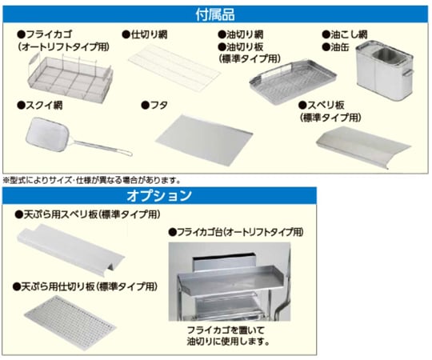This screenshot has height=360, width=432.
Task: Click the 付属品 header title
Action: click(215, 14)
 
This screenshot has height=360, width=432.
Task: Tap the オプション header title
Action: click(159, 195)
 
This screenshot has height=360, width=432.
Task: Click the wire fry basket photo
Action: click(70, 78)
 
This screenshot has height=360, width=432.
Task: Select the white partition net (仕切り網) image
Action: click(174, 67)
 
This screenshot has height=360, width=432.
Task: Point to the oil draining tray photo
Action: click(293, 82)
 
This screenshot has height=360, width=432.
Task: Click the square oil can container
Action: click(385, 70)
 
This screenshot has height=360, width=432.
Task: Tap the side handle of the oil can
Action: click(408, 73)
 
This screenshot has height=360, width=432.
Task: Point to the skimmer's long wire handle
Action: click(101, 147)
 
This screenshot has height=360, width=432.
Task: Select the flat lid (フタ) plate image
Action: click(204, 140)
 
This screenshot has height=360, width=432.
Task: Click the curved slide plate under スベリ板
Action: click(363, 147)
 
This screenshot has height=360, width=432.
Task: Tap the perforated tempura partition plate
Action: click(70, 322)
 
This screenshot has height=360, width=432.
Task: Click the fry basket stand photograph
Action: click(230, 282)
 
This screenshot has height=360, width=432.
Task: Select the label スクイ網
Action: click(40, 106)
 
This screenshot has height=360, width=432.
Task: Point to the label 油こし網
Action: click(345, 34)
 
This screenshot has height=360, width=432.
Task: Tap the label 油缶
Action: click(335, 47)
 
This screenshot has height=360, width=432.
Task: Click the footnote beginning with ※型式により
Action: click(92, 181)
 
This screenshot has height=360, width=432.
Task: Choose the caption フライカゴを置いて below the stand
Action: click(226, 330)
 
